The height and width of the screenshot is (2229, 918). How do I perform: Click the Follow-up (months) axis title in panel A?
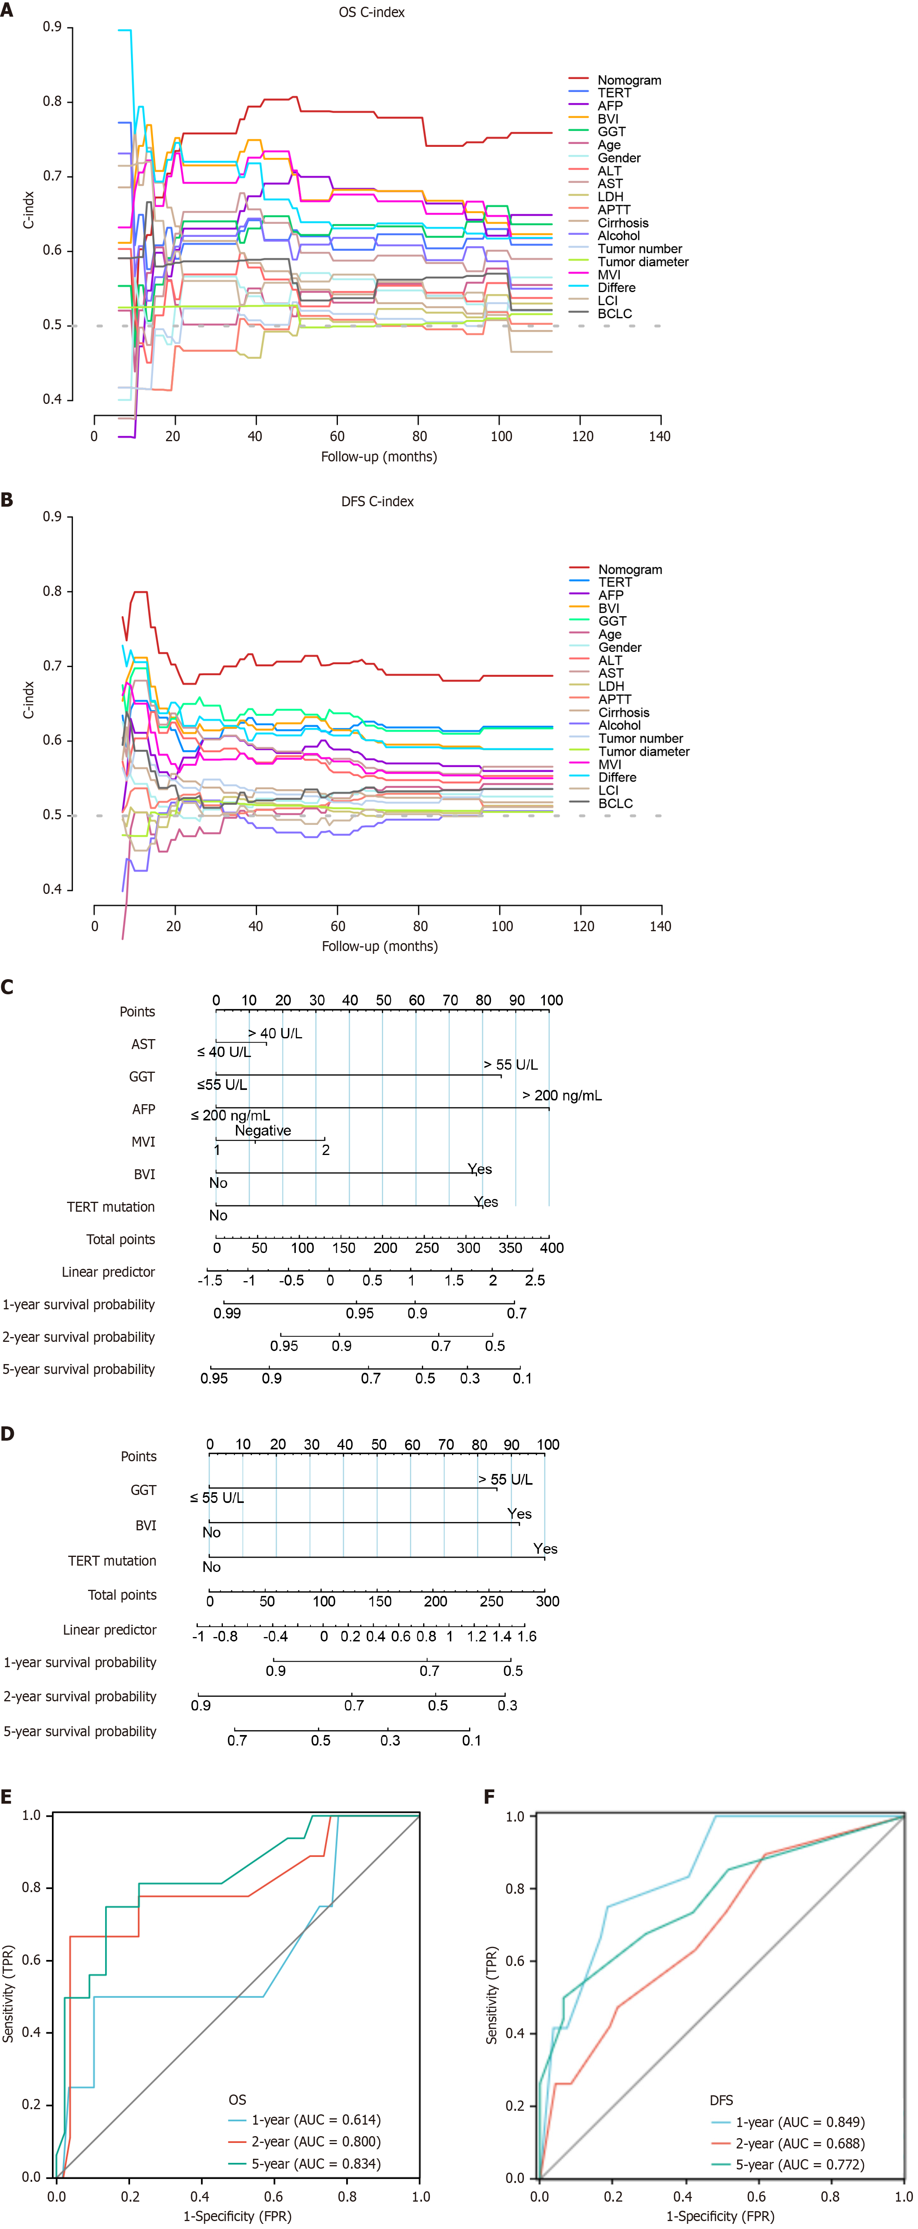tap(379, 457)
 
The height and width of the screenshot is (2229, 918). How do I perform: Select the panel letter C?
tap(8, 987)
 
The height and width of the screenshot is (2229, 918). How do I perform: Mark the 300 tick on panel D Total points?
tap(547, 1602)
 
